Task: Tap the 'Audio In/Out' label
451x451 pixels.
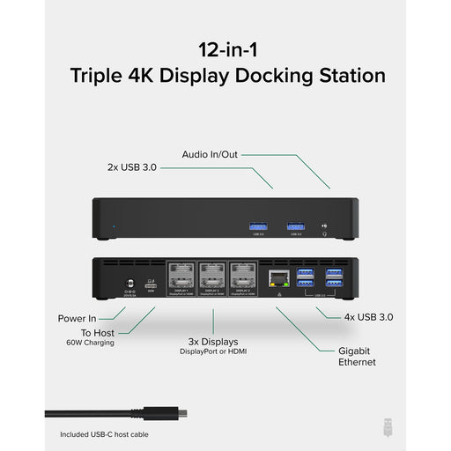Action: point(210,154)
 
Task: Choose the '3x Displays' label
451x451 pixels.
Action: point(212,341)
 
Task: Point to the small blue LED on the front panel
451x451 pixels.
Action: point(111,233)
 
